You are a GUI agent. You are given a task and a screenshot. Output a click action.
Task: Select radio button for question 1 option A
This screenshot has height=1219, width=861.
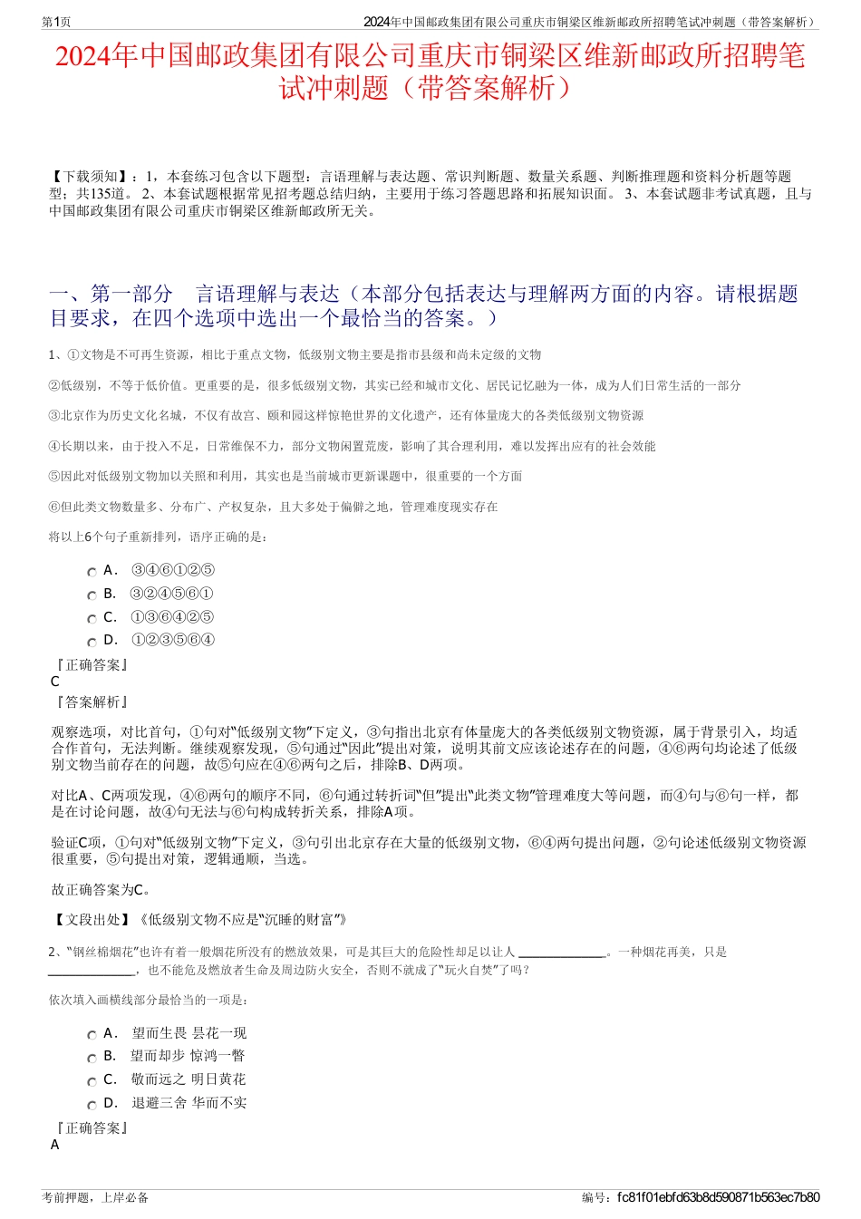[92, 572]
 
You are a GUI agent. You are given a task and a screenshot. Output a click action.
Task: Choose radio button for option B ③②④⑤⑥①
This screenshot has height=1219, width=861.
[92, 595]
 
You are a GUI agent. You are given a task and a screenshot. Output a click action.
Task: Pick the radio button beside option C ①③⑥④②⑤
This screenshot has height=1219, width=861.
[92, 619]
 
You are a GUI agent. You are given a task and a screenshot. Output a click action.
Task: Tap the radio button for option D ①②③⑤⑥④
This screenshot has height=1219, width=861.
[92, 643]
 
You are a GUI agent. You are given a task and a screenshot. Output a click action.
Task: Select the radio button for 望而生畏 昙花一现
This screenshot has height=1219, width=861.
[92, 1035]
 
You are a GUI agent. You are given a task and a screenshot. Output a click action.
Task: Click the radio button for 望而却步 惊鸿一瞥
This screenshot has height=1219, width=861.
[92, 1058]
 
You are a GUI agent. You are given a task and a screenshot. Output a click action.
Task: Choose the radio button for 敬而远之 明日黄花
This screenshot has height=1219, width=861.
[92, 1081]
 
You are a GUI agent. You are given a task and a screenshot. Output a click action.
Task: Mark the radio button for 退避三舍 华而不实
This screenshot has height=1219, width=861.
[92, 1105]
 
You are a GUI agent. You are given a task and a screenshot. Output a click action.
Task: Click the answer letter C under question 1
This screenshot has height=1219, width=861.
[55, 682]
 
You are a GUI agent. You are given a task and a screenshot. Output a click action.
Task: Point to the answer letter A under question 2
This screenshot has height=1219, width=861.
[55, 1145]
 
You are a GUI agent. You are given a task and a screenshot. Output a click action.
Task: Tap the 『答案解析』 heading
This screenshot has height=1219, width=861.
[92, 702]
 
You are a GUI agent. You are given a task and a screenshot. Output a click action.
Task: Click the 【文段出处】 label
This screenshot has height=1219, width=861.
[94, 920]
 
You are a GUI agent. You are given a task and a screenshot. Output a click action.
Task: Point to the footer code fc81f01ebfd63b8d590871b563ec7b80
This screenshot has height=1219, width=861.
[718, 1197]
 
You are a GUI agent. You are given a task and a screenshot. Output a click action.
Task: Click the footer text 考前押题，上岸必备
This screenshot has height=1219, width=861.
[95, 1197]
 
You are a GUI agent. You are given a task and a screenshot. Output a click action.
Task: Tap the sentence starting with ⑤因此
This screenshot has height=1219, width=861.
[285, 476]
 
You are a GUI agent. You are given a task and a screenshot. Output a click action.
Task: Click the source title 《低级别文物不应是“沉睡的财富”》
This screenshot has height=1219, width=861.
[243, 920]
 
